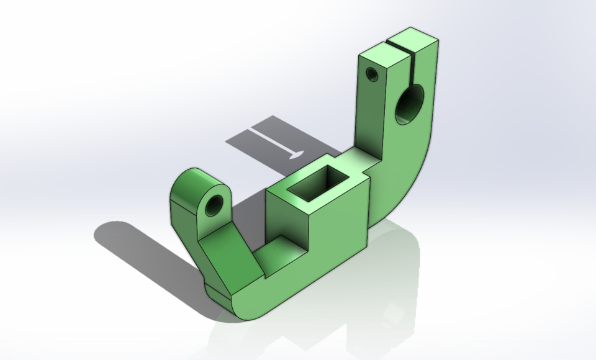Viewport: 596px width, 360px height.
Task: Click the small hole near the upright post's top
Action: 372,74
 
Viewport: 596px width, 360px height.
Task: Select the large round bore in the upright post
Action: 410,102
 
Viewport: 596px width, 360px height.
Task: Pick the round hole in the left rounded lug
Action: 214,205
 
